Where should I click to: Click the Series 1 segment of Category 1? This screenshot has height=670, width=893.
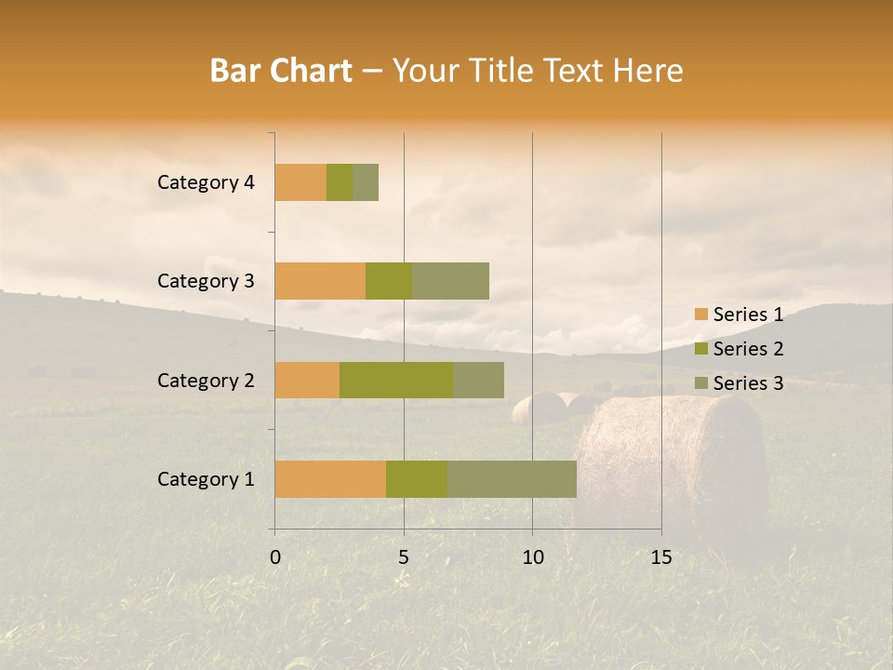tap(330, 479)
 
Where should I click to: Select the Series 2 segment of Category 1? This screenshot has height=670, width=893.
tap(417, 479)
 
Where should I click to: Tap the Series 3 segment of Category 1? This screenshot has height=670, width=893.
tap(512, 479)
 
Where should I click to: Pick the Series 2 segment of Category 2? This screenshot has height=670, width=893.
tap(396, 380)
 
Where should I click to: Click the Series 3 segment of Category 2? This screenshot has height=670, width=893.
tap(478, 380)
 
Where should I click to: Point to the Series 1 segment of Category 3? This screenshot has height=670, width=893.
tap(320, 281)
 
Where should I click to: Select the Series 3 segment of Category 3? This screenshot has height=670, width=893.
tap(450, 281)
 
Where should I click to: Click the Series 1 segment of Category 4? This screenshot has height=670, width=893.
tap(300, 182)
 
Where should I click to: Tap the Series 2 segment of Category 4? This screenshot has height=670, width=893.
tap(340, 182)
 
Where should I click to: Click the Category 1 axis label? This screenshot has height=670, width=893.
tap(206, 479)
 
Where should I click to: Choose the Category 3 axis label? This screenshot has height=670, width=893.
tap(206, 281)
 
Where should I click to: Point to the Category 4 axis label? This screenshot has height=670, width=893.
tap(206, 182)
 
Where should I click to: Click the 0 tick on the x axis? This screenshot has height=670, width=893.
tap(275, 557)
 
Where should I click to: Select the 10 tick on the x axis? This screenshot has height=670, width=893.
tap(532, 557)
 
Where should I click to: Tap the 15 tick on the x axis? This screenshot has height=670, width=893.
tap(661, 557)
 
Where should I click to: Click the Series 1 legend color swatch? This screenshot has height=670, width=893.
tap(700, 315)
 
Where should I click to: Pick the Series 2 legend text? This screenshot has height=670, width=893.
tap(748, 349)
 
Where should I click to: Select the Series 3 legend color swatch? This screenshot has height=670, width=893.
tap(700, 383)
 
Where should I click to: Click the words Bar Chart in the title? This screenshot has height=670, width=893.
tap(281, 71)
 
